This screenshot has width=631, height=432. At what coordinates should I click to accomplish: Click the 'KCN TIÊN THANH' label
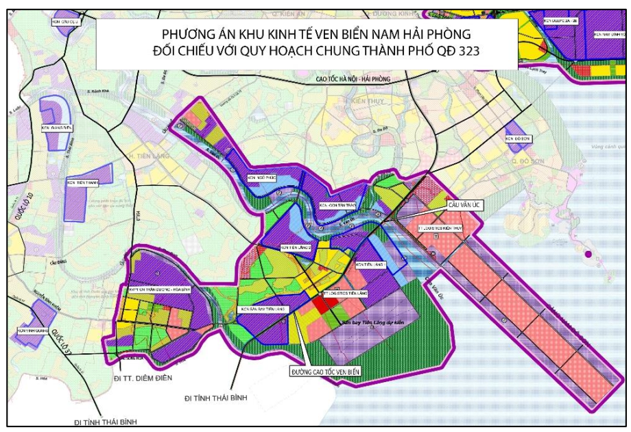pyautogui.click(x=82, y=184)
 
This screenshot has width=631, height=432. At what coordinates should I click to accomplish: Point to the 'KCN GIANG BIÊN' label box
pyautogui.click(x=57, y=127)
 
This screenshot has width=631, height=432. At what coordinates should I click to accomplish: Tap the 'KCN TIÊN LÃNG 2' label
pyautogui.click(x=296, y=247)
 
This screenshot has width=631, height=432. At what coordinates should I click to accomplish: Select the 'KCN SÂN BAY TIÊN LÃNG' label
pyautogui.click(x=265, y=310)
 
